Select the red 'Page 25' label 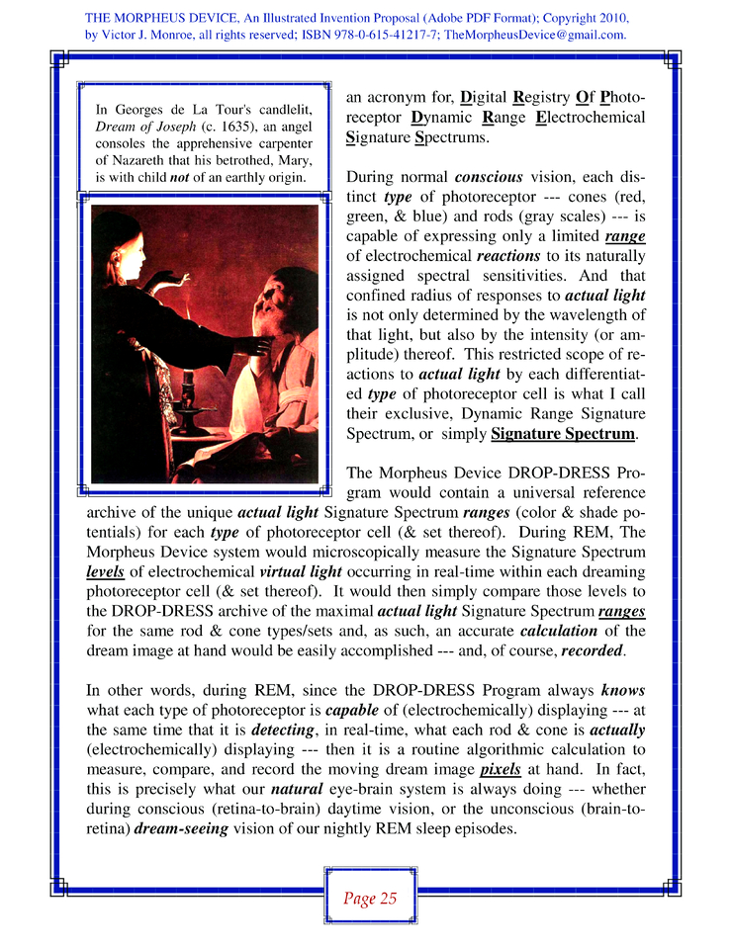370,898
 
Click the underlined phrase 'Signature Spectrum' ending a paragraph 563,434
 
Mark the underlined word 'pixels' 500,768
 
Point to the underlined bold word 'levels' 105,572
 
